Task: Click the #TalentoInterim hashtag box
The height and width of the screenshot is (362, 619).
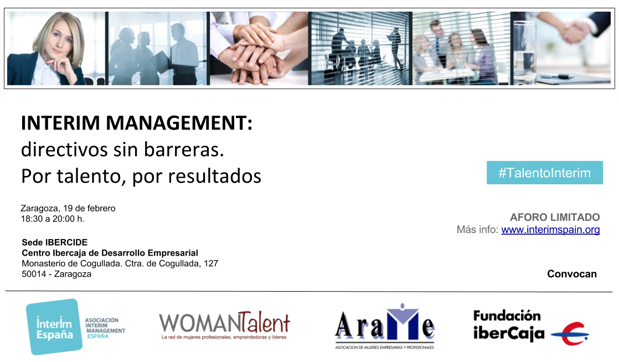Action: [544, 173]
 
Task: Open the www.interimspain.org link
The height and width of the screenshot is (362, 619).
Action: [550, 230]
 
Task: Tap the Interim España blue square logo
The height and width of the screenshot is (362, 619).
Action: [54, 327]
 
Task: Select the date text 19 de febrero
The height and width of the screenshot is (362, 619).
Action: [89, 209]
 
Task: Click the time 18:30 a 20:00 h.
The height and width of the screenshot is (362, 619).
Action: [53, 219]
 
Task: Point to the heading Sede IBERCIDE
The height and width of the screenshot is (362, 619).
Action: [54, 242]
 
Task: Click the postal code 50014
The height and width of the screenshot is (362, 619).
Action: [33, 274]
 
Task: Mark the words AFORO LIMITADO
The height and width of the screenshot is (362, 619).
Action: [555, 218]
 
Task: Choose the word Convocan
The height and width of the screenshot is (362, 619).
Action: [572, 274]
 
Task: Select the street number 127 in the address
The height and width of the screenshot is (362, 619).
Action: [210, 263]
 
